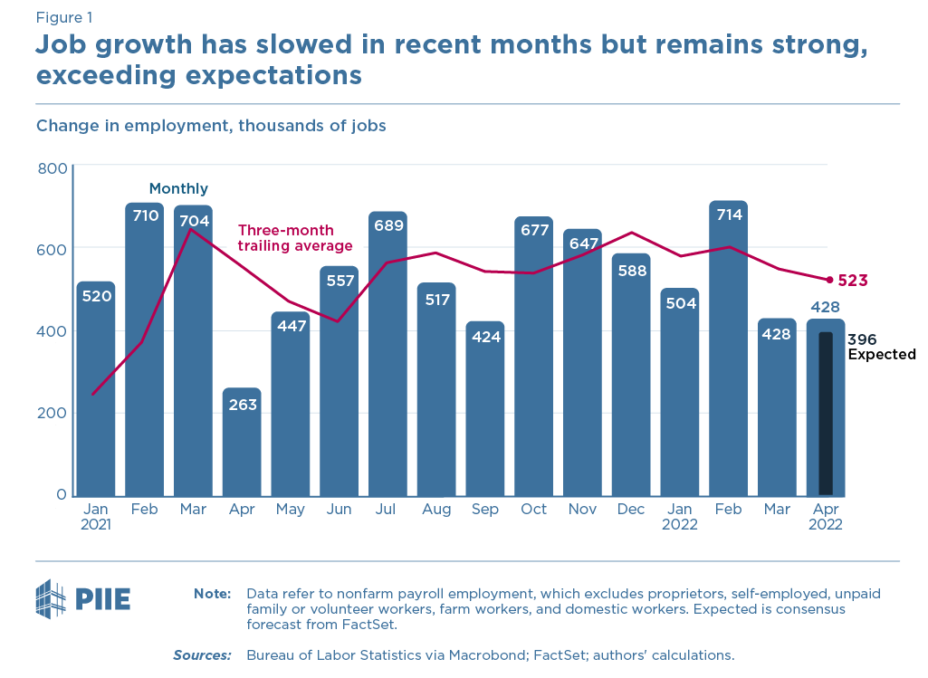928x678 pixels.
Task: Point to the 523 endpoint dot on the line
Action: coord(828,280)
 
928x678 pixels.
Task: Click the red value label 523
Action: coord(853,281)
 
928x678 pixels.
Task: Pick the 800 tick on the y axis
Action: coord(52,168)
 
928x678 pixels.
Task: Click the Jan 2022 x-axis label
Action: coord(680,517)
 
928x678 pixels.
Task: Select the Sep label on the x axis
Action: coord(485,510)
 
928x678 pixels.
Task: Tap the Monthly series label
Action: coord(178,188)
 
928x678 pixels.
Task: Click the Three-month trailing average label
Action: coord(294,238)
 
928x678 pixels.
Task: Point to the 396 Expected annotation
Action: coord(881,347)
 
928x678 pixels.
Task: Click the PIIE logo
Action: coord(82,598)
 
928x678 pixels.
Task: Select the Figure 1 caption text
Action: coord(63,17)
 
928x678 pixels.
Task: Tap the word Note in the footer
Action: coord(212,594)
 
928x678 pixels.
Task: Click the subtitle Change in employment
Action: coord(211,126)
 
